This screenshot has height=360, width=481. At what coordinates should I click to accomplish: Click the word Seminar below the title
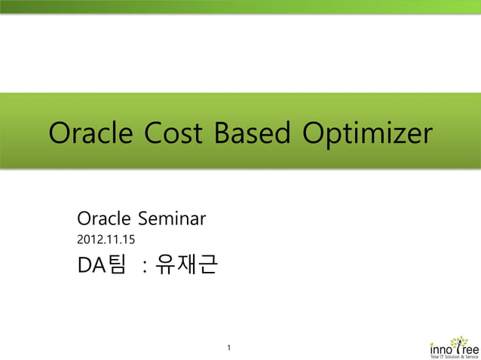(171, 220)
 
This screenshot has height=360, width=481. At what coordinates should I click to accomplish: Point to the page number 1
(229, 348)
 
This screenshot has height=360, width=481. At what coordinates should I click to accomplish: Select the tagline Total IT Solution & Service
(454, 356)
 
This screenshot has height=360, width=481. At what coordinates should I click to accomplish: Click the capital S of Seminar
(145, 220)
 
